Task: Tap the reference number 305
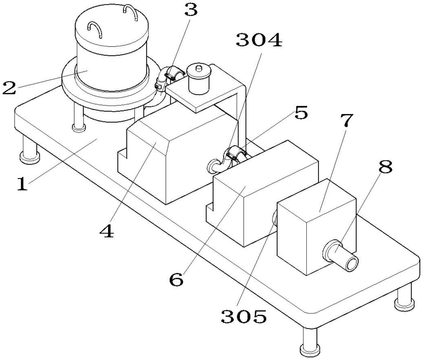[244, 316]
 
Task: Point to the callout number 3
[191, 9]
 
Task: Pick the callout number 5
[301, 112]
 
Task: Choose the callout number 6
[176, 280]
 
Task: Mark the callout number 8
[385, 167]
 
